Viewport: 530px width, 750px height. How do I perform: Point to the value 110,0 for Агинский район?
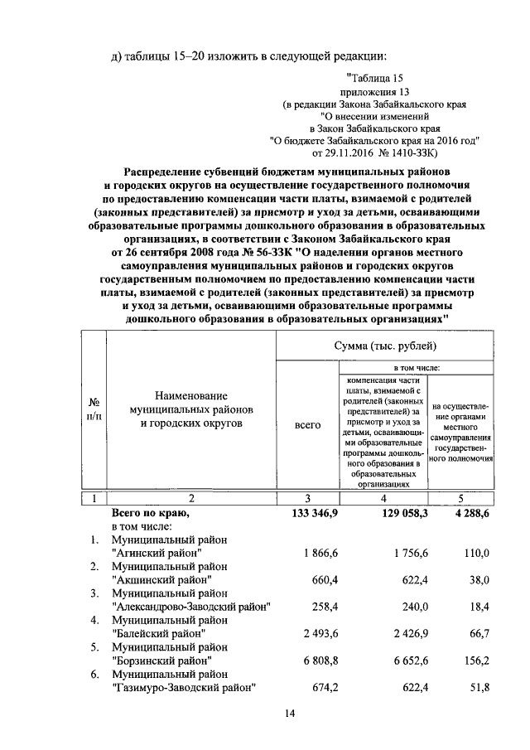pyautogui.click(x=476, y=552)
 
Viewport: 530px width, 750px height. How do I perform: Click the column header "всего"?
pyautogui.click(x=307, y=425)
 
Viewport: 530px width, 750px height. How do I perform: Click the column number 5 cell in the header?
pyautogui.click(x=461, y=498)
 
